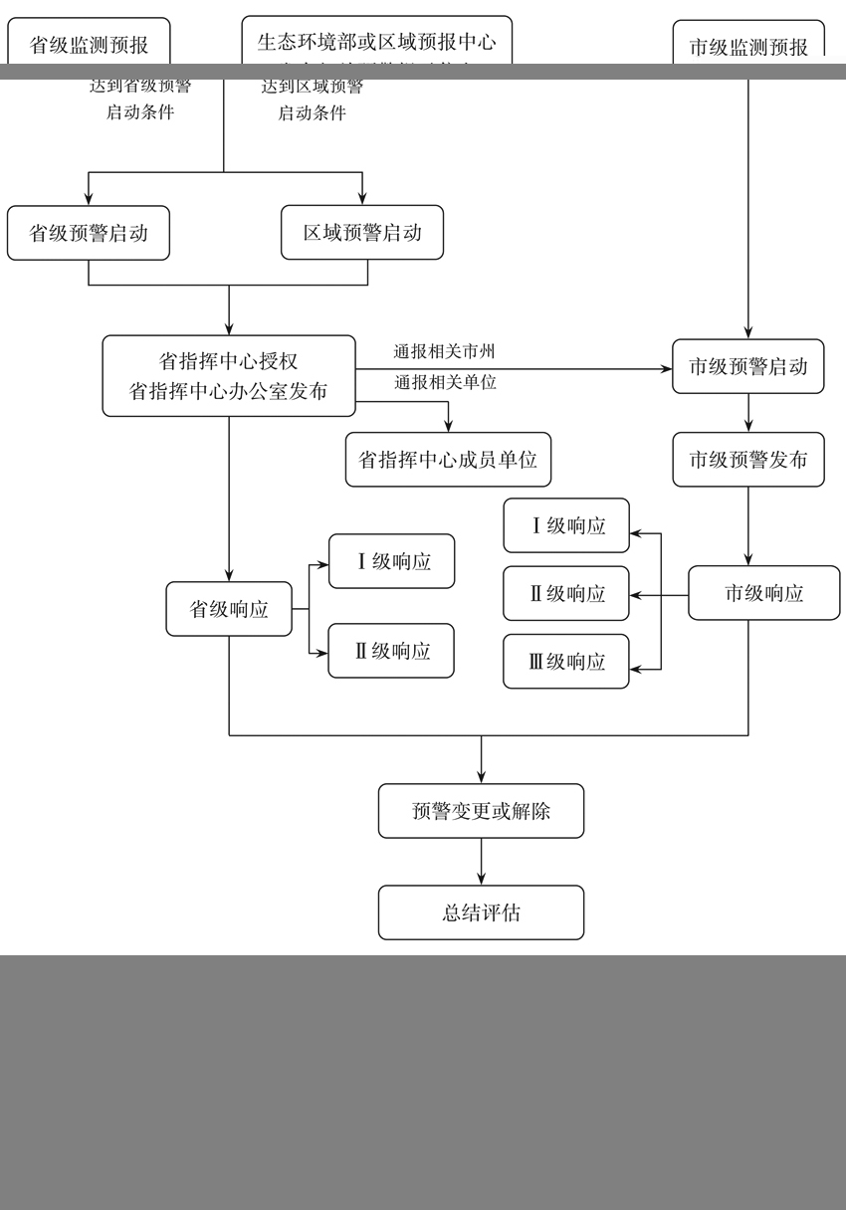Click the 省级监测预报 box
coord(89,44)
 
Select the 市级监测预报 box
coord(748,45)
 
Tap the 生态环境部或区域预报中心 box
coord(376,42)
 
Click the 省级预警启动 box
coord(89,233)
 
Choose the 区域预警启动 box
coord(362,233)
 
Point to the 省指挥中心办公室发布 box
coord(229,376)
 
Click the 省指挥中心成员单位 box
coord(448,460)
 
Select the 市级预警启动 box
coord(748,366)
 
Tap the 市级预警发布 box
coord(748,460)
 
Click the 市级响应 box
coord(763,593)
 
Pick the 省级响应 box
coord(229,609)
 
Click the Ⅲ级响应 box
coord(566,662)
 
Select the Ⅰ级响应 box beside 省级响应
coord(392,561)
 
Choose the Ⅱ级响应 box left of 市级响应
coord(566,594)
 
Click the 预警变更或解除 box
coord(481,811)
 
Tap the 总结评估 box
coord(481,912)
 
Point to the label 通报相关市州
coord(444,351)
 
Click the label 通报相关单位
coord(445,382)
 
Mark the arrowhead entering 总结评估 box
coord(482,879)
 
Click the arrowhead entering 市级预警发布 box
coord(748,426)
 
